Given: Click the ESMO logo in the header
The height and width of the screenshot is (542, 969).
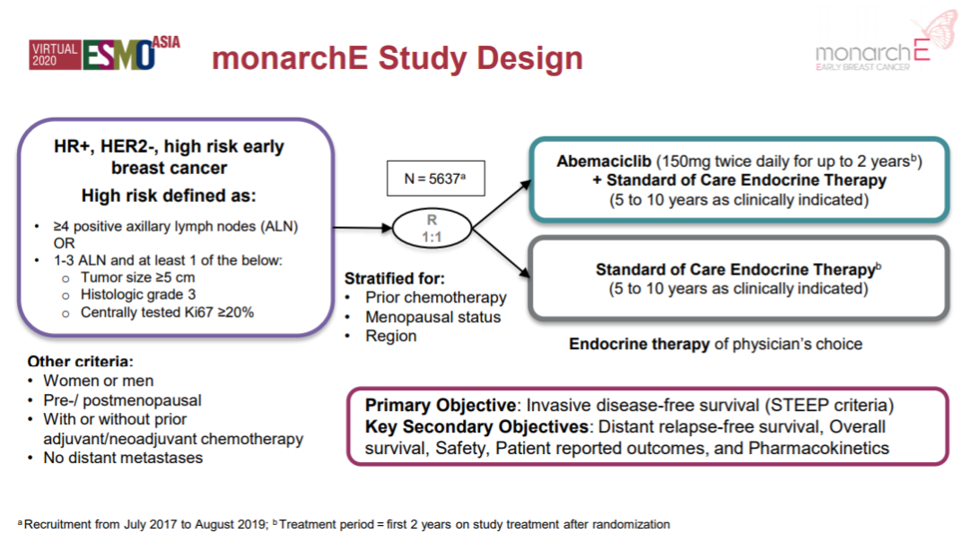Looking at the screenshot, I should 118,56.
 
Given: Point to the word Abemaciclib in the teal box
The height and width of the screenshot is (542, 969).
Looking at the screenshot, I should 604,162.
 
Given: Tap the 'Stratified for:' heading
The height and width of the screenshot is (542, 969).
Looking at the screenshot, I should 395,278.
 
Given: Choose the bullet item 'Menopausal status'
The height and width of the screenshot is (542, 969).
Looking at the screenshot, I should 432,317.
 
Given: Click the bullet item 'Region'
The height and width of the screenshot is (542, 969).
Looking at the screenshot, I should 390,336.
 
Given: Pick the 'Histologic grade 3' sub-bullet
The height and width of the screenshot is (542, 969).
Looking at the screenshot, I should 138,294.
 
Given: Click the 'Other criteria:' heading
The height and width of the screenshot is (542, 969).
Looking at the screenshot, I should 80,362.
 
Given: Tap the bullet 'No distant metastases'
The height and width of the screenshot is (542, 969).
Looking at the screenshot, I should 123,458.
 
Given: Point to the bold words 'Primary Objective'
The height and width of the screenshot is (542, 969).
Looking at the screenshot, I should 440,406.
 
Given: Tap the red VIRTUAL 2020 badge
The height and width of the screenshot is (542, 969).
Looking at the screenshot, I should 54,56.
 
